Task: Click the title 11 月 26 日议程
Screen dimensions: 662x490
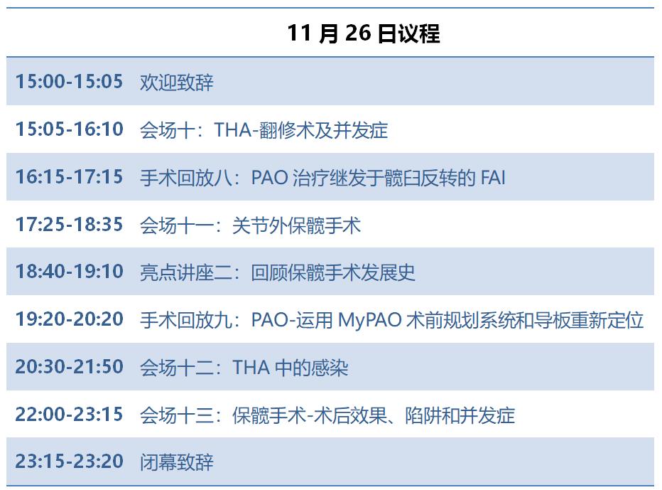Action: coord(364,33)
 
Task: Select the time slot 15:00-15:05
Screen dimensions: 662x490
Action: coord(69,81)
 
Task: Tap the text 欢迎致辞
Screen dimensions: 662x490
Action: coord(177,82)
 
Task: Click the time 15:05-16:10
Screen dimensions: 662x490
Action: coord(69,129)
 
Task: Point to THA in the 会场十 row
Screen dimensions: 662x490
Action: coord(233,130)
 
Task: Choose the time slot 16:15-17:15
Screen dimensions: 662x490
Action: coord(69,176)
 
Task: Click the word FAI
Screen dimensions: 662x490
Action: coord(493,178)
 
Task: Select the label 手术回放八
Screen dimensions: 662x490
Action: coord(186,178)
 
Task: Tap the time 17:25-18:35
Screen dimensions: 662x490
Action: coord(69,225)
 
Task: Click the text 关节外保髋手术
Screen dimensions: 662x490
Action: coord(296,225)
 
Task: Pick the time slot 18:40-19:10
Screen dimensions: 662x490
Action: coord(69,272)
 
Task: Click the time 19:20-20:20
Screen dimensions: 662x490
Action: coord(69,319)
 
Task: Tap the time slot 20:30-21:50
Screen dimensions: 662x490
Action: coord(69,366)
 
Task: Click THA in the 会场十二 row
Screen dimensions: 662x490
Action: coord(251,368)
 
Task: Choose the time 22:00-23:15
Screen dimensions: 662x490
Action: coord(69,415)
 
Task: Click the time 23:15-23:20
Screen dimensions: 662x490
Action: coord(69,462)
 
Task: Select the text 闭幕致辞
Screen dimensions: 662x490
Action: coord(177,462)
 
